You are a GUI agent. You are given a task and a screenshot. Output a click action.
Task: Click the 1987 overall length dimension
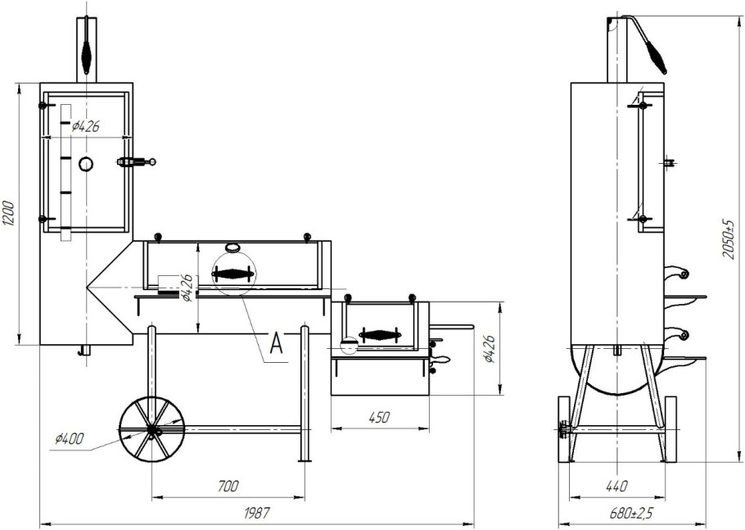(x=256, y=513)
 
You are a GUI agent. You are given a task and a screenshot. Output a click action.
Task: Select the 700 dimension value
(x=228, y=487)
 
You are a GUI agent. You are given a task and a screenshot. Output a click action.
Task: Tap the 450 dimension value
(x=379, y=417)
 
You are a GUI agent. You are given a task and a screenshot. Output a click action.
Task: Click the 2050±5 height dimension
(x=728, y=239)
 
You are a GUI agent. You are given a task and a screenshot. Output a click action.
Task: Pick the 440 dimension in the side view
(x=616, y=487)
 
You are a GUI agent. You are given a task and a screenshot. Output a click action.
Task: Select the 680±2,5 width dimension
(x=632, y=514)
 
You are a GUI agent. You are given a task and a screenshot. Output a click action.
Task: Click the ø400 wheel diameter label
(x=70, y=437)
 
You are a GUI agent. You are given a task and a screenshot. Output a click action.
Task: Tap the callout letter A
(x=276, y=344)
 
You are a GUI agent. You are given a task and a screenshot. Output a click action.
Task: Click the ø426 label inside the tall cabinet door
(x=86, y=126)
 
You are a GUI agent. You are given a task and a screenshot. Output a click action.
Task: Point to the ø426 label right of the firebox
(x=490, y=349)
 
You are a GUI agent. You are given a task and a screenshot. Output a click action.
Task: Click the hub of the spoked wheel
(x=152, y=430)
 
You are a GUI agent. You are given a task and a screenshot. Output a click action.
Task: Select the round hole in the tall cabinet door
(x=85, y=164)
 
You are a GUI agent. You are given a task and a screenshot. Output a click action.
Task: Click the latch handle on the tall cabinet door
(x=137, y=162)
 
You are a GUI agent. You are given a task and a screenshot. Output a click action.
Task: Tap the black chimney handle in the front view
(x=86, y=52)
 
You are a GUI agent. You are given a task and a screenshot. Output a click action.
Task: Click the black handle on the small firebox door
(x=379, y=335)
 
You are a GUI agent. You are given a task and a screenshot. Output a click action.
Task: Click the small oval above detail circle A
(x=233, y=247)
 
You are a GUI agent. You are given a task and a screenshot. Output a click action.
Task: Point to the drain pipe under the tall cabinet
(x=84, y=351)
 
